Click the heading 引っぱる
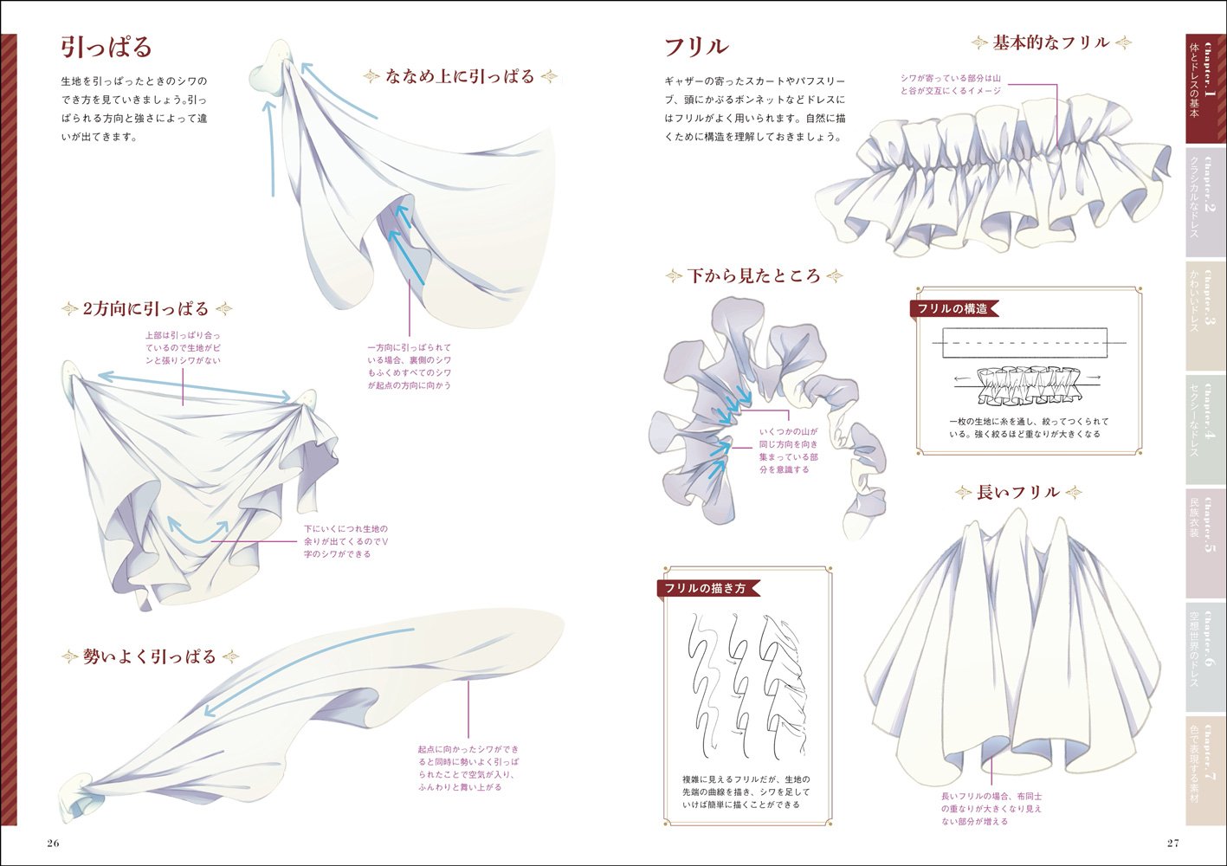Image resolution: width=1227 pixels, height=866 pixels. [106, 47]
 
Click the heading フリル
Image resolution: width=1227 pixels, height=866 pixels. [696, 47]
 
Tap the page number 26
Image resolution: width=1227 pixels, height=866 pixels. [53, 843]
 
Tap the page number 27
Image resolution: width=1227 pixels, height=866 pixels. [1172, 843]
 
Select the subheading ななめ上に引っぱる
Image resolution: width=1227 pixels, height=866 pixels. [461, 77]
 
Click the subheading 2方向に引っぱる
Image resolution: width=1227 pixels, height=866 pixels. [146, 309]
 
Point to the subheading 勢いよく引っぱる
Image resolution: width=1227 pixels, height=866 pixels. [149, 656]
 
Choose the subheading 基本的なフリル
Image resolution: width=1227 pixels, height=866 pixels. [1050, 42]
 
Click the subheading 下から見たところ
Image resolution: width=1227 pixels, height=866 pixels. [753, 276]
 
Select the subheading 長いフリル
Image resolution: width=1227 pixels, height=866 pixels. [1017, 493]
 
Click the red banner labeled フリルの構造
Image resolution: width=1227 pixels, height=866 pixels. [953, 309]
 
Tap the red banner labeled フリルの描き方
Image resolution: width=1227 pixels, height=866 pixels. [705, 588]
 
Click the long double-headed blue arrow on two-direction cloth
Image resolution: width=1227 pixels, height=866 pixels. [194, 386]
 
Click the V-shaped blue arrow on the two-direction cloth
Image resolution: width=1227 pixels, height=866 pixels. [197, 532]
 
